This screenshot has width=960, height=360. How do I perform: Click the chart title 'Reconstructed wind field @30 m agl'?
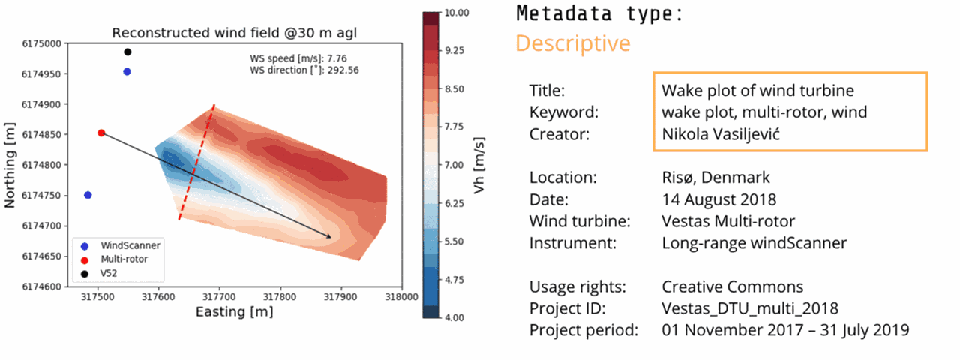point(232,33)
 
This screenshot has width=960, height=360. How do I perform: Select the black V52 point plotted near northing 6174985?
point(127,52)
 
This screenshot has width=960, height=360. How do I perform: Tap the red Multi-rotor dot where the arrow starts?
point(101,133)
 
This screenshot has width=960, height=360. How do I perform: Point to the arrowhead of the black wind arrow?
point(329,237)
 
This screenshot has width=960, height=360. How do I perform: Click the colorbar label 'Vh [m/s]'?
point(481,165)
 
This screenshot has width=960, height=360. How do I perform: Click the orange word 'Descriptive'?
point(572,43)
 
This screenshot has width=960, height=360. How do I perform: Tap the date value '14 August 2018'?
point(718,200)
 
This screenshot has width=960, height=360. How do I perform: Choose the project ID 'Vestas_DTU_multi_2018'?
point(750,308)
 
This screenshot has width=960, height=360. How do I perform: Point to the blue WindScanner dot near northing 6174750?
point(88,195)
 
